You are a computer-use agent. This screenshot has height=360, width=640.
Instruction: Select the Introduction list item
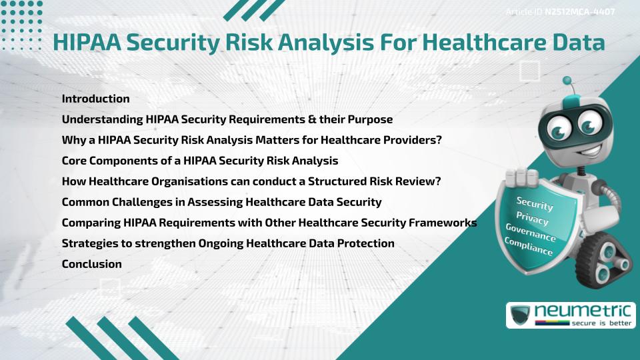[x=95, y=99]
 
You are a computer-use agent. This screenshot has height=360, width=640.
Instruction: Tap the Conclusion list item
[x=91, y=264]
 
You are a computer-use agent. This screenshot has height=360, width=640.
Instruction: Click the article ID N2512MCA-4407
[x=579, y=12]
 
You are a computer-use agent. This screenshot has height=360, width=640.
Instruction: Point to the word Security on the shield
[x=534, y=203]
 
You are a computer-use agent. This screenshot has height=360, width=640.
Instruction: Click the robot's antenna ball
[x=567, y=81]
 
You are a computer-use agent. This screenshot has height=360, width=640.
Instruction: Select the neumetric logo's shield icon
[x=521, y=315]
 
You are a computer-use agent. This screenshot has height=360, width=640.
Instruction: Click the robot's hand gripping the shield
[x=522, y=179]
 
